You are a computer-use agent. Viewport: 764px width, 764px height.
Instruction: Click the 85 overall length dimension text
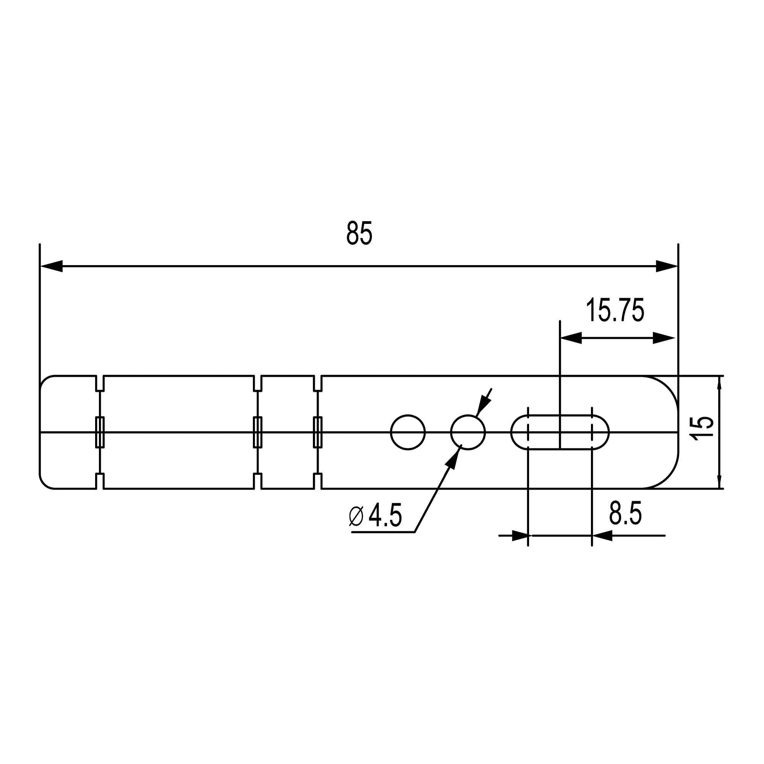(x=359, y=233)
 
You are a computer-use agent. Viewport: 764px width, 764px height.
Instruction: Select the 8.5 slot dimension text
(x=625, y=513)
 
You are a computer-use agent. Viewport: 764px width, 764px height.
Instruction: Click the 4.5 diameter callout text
(x=385, y=515)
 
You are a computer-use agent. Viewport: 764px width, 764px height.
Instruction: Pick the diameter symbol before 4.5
(x=356, y=516)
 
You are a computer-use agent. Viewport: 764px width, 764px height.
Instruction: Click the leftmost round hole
(x=408, y=432)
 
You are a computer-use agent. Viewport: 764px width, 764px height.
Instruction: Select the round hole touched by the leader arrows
(x=468, y=432)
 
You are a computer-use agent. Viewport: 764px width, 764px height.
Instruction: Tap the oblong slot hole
(x=560, y=432)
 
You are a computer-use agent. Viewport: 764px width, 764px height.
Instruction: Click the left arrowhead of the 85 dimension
(x=52, y=266)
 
